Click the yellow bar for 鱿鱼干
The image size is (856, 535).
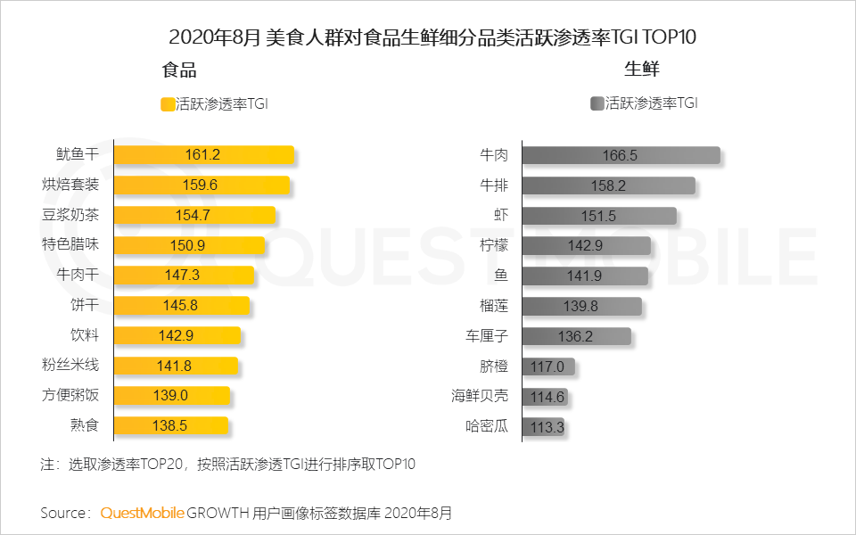203,155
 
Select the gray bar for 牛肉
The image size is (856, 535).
621,155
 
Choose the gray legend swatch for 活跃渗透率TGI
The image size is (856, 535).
597,103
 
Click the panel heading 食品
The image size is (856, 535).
179,70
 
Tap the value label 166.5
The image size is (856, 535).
620,155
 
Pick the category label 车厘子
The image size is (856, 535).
487,336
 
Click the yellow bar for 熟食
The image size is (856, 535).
171,426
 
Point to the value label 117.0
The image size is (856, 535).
547,366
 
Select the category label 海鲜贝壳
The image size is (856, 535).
480,397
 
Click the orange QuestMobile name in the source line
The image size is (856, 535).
143,514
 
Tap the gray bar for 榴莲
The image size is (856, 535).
581,306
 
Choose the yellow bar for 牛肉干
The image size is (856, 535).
185,276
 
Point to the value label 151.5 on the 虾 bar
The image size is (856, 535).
598,216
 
